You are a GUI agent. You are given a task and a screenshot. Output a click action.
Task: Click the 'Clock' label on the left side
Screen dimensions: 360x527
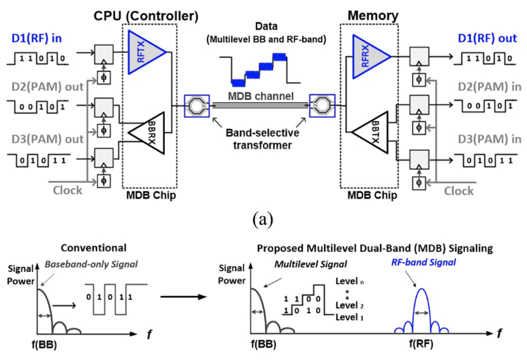(68, 190)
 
